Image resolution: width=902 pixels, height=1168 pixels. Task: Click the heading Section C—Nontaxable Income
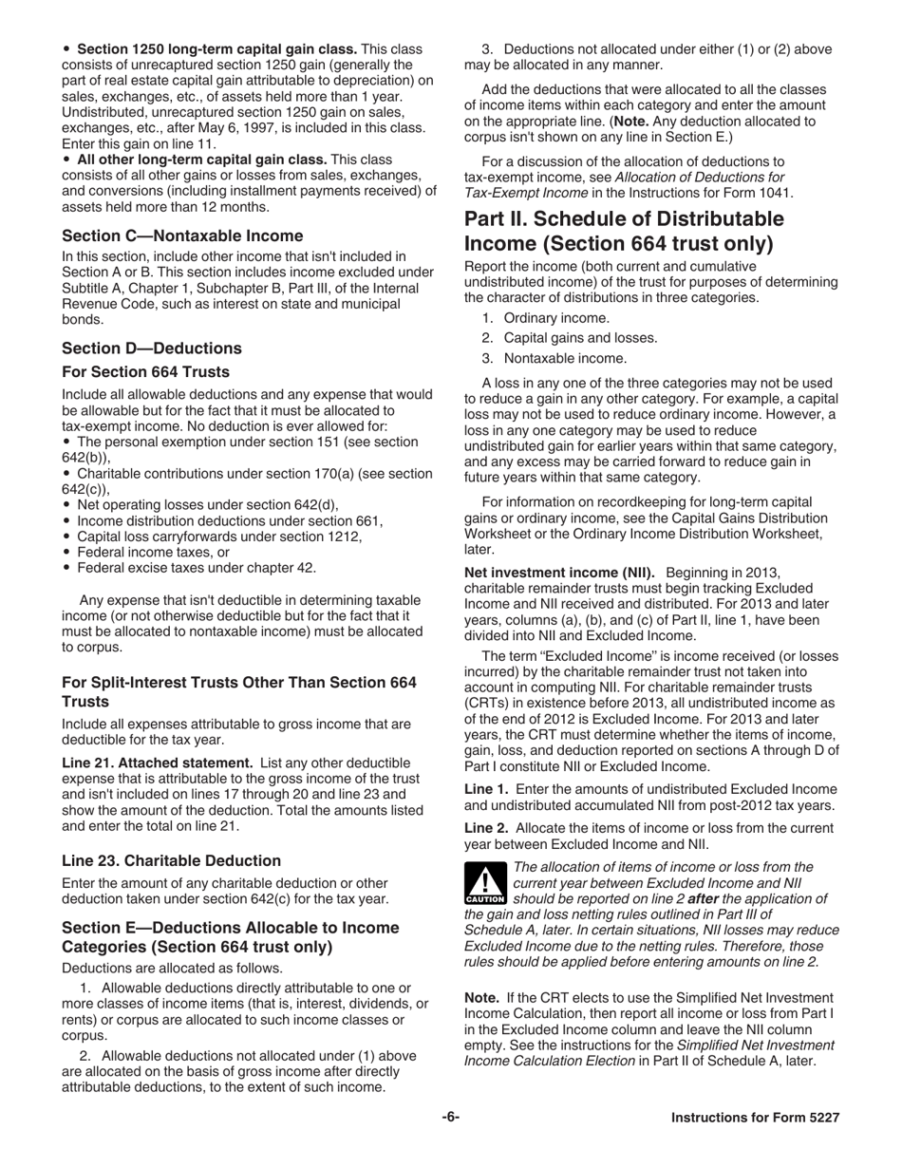coord(182,235)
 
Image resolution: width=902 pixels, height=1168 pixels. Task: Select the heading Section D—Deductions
coord(152,348)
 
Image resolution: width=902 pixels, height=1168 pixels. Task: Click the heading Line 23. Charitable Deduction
coord(171,860)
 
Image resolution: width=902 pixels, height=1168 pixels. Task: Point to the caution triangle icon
coord(484,883)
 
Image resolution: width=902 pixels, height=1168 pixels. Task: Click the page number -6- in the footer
coord(450,1118)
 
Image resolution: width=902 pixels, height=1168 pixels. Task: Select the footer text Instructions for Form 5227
coord(755,1118)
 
